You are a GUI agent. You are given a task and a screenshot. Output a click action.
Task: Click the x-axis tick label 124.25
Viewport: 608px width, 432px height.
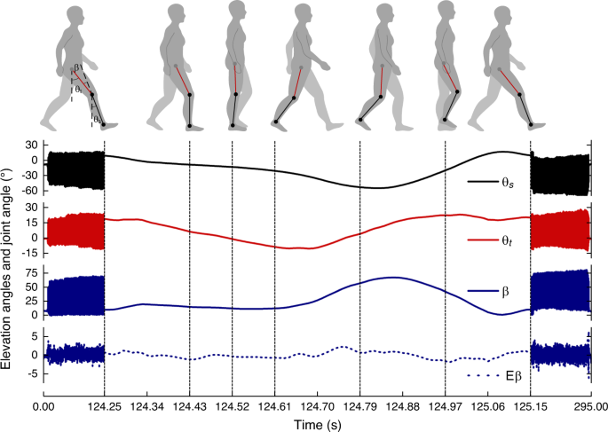(105, 406)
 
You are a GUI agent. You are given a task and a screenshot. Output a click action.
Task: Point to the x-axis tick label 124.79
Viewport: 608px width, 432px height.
(359, 406)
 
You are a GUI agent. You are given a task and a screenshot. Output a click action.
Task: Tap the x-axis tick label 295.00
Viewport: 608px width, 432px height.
(590, 406)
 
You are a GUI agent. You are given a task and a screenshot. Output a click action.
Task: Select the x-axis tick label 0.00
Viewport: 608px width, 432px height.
(44, 406)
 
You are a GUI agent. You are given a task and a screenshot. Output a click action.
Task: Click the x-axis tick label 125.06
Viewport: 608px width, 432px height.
(487, 406)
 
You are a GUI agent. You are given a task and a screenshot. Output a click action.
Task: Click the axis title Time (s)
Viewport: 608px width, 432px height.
(318, 423)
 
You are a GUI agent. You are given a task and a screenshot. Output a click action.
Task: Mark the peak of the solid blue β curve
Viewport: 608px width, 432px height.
(391, 278)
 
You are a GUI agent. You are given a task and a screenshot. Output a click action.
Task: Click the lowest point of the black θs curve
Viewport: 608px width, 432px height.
(376, 187)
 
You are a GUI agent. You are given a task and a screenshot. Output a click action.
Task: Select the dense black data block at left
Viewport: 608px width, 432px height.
(75, 169)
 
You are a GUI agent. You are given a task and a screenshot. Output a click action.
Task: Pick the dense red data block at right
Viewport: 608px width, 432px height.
(560, 228)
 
